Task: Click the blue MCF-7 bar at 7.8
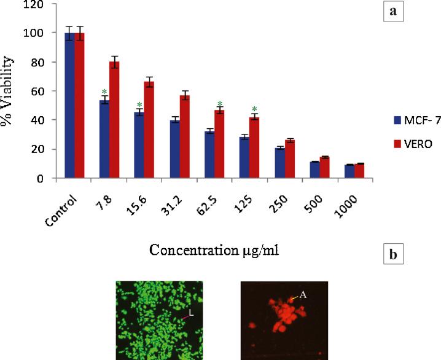tap(104, 139)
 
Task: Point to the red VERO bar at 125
tap(254, 147)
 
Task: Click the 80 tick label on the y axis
tap(40, 62)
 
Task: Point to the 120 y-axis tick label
tap(37, 4)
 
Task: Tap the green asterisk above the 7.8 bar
tap(104, 92)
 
